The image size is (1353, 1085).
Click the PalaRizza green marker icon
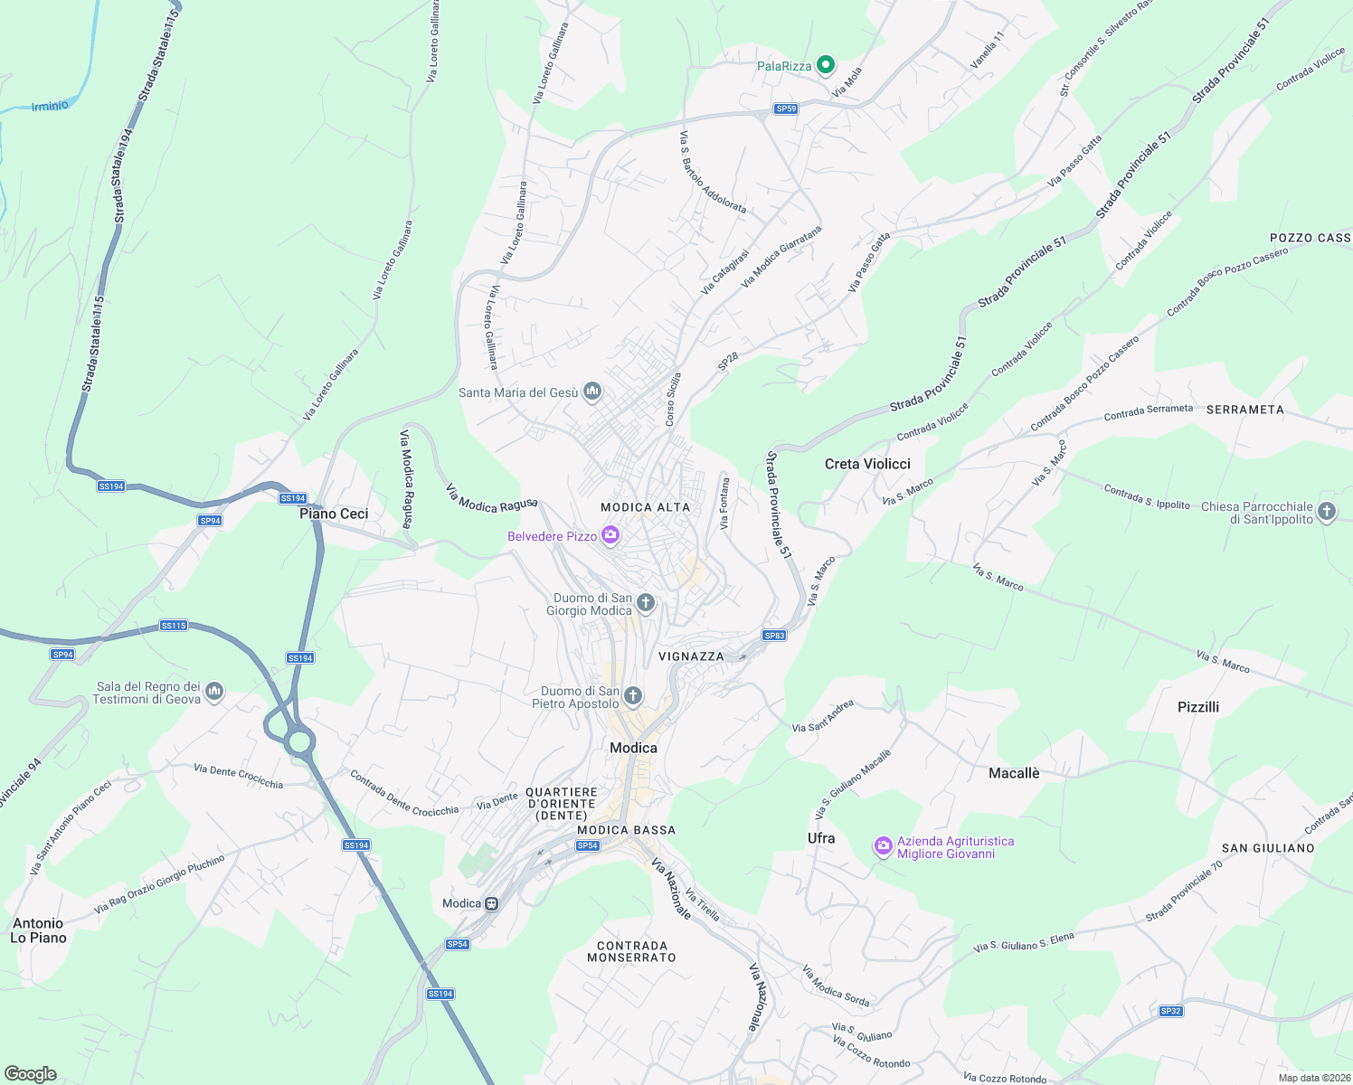(x=825, y=64)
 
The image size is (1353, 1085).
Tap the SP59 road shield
(x=786, y=108)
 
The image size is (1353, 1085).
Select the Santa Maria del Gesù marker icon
(x=592, y=391)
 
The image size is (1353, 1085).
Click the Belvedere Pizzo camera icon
(x=610, y=535)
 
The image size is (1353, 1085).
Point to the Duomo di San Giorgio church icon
(x=646, y=602)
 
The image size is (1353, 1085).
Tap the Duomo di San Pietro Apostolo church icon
(x=633, y=695)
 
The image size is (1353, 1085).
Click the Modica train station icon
(x=491, y=903)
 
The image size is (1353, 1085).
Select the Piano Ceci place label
(x=334, y=514)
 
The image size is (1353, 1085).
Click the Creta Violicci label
(x=867, y=464)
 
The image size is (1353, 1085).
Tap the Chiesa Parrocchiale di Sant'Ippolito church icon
(x=1327, y=512)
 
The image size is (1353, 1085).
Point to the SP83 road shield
(x=774, y=636)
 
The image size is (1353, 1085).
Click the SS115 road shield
(x=173, y=626)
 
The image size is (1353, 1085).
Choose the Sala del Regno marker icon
(x=214, y=692)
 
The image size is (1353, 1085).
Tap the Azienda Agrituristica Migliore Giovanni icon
(x=883, y=846)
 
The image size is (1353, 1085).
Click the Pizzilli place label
(x=1198, y=707)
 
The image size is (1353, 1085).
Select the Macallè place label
(x=1014, y=773)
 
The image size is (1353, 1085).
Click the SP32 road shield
(x=1170, y=1011)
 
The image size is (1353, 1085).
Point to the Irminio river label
(x=50, y=106)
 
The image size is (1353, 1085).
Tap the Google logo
(x=30, y=1073)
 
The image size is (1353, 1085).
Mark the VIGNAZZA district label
(x=691, y=656)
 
